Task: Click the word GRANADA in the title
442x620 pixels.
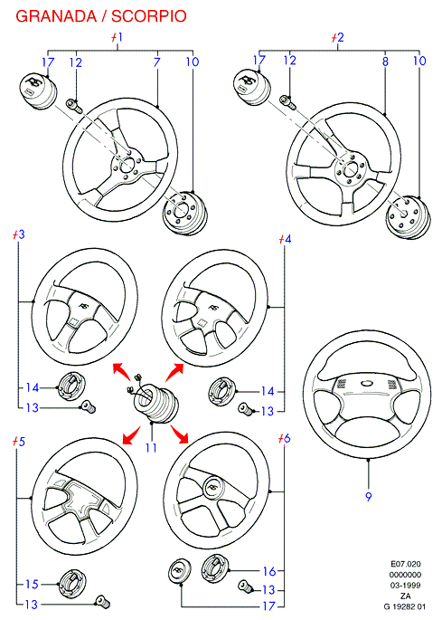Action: (56, 16)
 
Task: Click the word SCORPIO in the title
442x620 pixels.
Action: (149, 16)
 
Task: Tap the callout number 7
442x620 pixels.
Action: (156, 62)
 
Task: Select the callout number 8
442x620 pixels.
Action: (385, 62)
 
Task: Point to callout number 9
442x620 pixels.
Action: (368, 497)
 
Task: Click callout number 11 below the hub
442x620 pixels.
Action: (151, 448)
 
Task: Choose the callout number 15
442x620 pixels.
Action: (32, 584)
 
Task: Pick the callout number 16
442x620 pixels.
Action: (269, 571)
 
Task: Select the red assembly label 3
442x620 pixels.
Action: (18, 234)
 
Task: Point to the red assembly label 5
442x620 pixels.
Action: (18, 441)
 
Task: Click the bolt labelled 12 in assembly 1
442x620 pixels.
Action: (75, 106)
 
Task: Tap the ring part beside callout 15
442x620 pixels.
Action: (71, 583)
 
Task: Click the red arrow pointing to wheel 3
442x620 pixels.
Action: (121, 373)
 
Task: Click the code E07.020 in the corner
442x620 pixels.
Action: (405, 564)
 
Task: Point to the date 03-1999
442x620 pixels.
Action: (405, 586)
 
